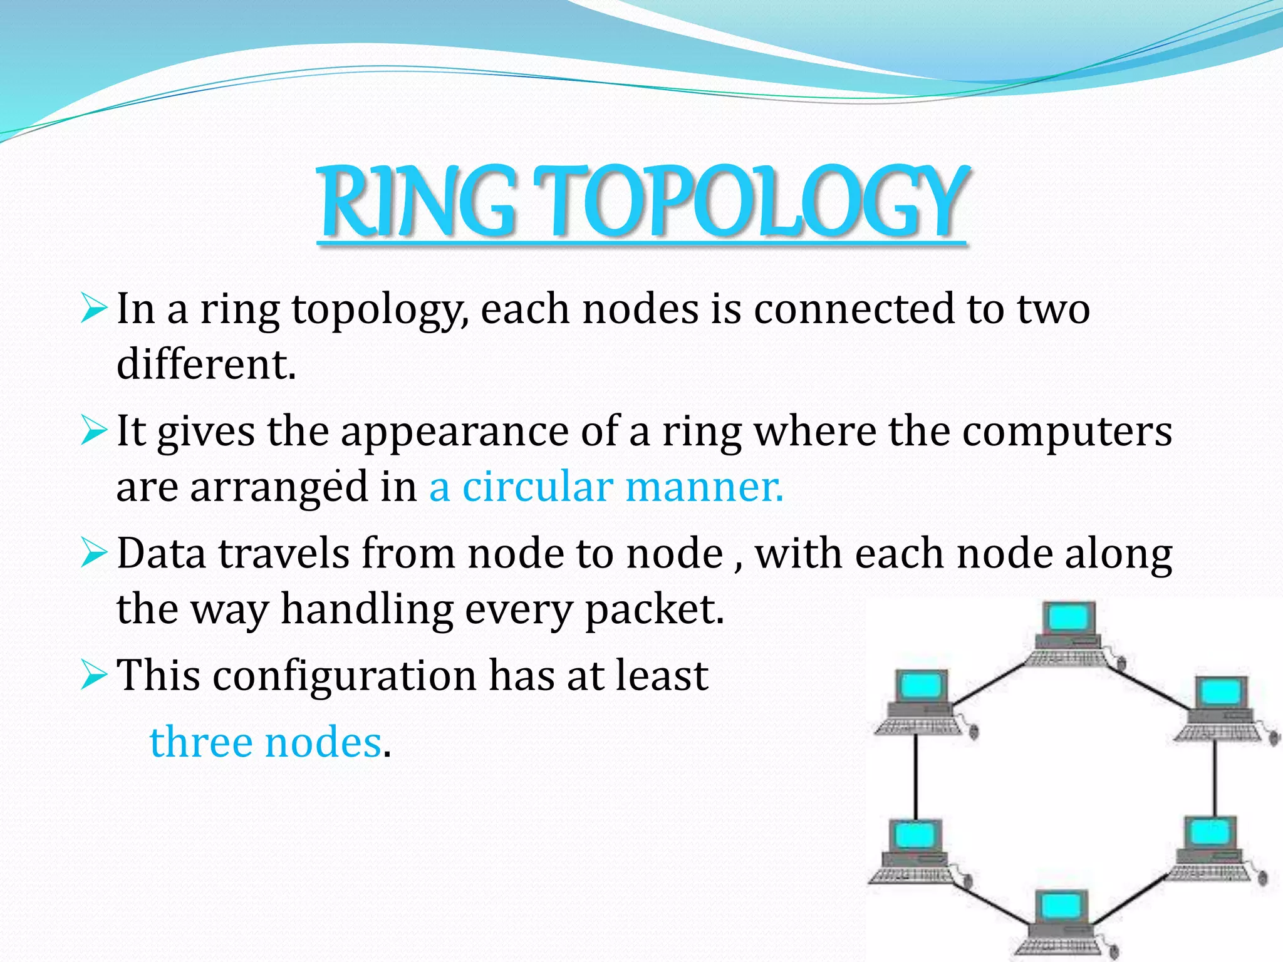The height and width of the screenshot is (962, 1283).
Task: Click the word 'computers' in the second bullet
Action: [x=1066, y=432]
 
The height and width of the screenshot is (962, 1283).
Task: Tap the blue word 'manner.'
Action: [x=704, y=487]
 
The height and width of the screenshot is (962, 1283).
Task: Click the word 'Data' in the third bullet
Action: [x=162, y=554]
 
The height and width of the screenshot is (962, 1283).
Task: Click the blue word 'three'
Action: [x=200, y=742]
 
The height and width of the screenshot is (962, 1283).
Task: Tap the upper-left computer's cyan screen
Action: [x=920, y=686]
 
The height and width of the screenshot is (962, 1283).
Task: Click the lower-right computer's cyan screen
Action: [x=1209, y=832]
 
